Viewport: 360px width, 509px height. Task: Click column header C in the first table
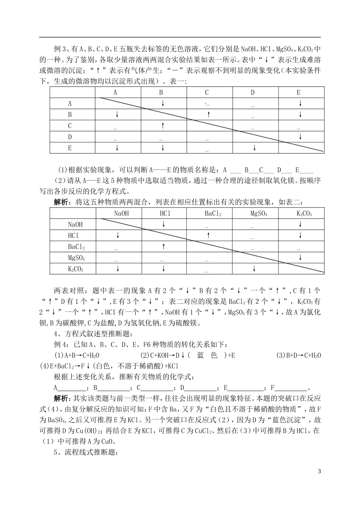[207, 93]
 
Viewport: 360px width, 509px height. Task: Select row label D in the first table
[70, 137]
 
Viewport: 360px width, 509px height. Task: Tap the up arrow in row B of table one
[208, 115]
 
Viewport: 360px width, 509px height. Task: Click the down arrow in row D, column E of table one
[300, 137]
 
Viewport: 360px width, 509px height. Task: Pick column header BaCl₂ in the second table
[213, 214]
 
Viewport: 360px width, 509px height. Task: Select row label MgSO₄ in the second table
[76, 258]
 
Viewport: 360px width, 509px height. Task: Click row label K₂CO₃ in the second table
[75, 269]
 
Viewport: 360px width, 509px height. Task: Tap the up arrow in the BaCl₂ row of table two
[163, 247]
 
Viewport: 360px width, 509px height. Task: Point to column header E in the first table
[299, 93]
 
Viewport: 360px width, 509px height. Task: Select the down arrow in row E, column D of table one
[254, 148]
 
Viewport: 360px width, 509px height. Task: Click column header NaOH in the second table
[121, 214]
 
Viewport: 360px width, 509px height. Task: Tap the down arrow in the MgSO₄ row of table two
[300, 258]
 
